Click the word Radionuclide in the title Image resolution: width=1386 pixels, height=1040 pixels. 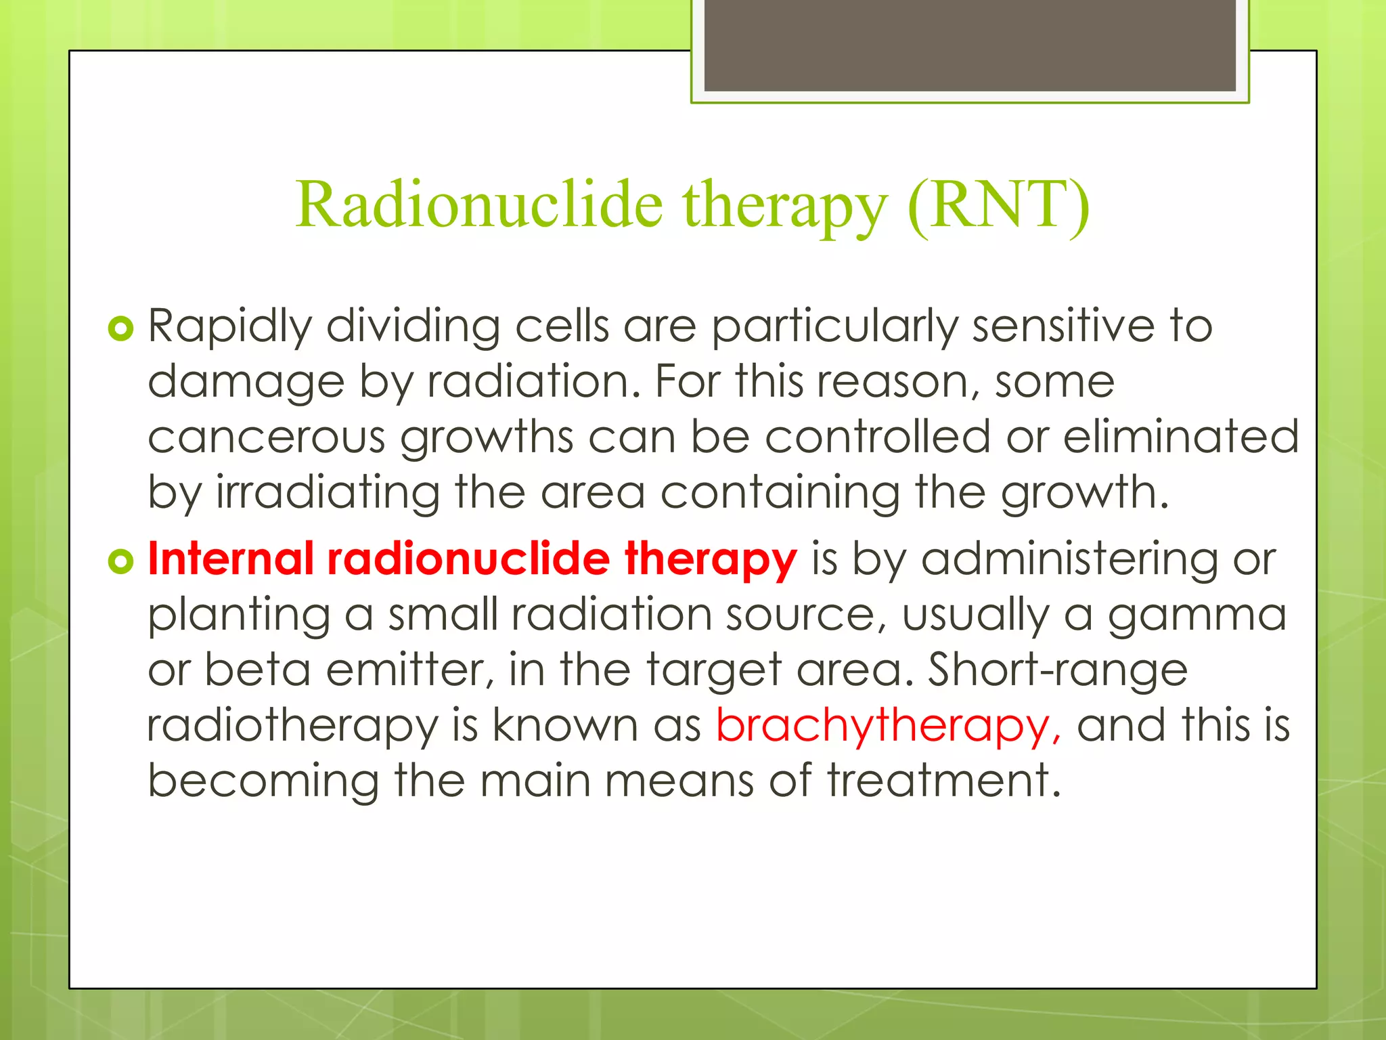point(479,205)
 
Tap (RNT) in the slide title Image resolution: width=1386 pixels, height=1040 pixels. point(998,205)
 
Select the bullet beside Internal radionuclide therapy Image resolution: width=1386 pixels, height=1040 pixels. point(120,561)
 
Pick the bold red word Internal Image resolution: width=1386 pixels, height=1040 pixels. point(231,559)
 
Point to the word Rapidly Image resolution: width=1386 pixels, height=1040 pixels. point(229,327)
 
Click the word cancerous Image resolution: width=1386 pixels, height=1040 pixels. point(266,437)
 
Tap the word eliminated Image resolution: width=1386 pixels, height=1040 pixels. point(1180,437)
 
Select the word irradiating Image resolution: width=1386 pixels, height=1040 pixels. point(328,492)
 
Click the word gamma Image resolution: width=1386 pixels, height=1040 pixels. point(1197,615)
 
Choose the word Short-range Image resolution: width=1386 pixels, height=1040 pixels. point(1057,670)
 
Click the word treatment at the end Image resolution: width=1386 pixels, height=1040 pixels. point(943,781)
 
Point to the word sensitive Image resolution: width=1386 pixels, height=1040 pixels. point(1063,327)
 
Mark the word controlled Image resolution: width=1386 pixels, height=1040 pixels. point(878,437)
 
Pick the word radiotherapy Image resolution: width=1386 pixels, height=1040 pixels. point(292,726)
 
